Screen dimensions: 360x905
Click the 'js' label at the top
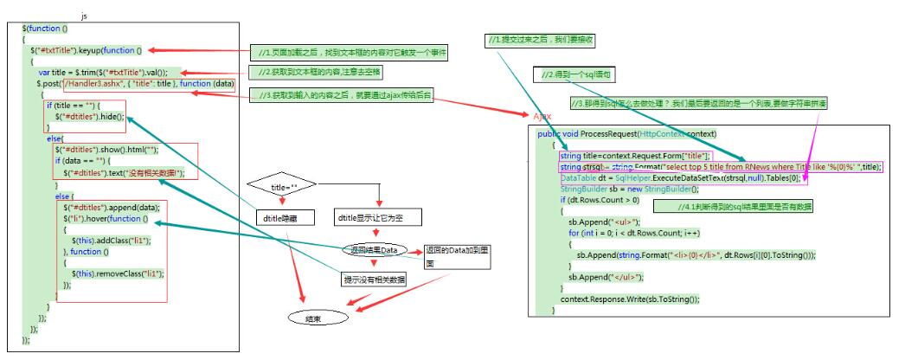point(84,16)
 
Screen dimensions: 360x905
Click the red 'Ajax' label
point(540,115)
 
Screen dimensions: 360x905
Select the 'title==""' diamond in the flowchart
point(282,185)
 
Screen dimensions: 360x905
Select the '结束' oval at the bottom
point(313,318)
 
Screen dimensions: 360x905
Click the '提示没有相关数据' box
point(374,280)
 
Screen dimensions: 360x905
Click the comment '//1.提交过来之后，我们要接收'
point(541,41)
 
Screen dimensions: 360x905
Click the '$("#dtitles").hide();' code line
point(90,115)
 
